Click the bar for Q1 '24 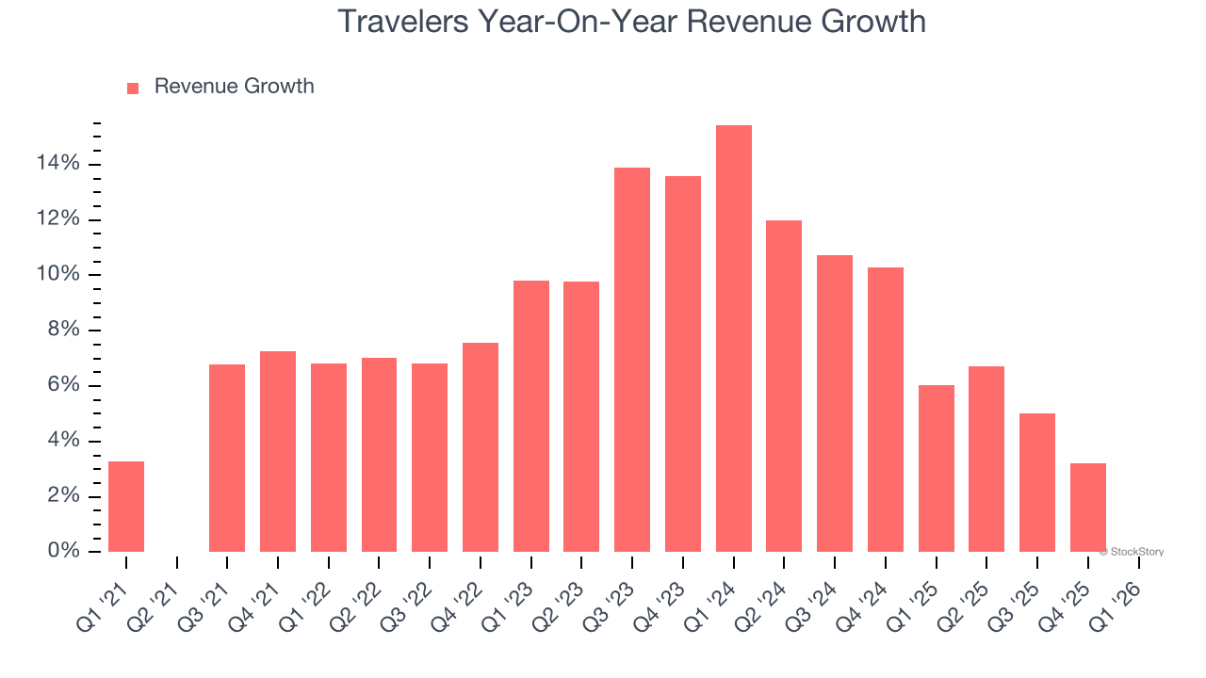click(734, 339)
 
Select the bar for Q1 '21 click(126, 507)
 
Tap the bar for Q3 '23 click(632, 360)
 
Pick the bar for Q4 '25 click(1088, 508)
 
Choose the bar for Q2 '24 click(784, 386)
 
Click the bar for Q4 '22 click(481, 447)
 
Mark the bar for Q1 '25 click(937, 468)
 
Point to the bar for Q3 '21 click(227, 458)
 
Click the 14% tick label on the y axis click(58, 165)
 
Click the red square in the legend click(133, 88)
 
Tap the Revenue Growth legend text click(234, 87)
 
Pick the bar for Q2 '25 click(986, 459)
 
